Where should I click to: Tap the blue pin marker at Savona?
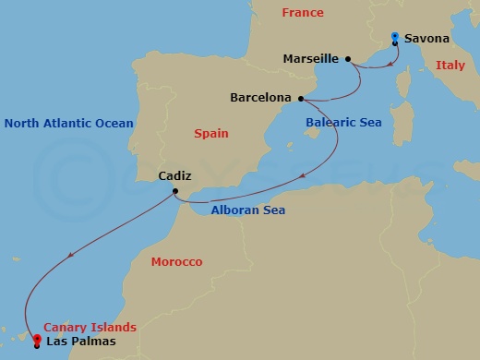(394, 38)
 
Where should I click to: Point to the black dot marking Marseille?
(348, 59)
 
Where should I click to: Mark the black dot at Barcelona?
(301, 97)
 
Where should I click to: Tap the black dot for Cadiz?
(174, 192)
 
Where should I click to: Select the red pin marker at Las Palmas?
(36, 339)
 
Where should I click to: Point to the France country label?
(304, 13)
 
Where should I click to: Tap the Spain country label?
(211, 134)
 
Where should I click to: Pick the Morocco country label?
(175, 262)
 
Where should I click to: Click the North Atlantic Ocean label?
(68, 123)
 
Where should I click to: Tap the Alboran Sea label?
(248, 210)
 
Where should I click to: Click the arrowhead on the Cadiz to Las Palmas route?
(70, 258)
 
